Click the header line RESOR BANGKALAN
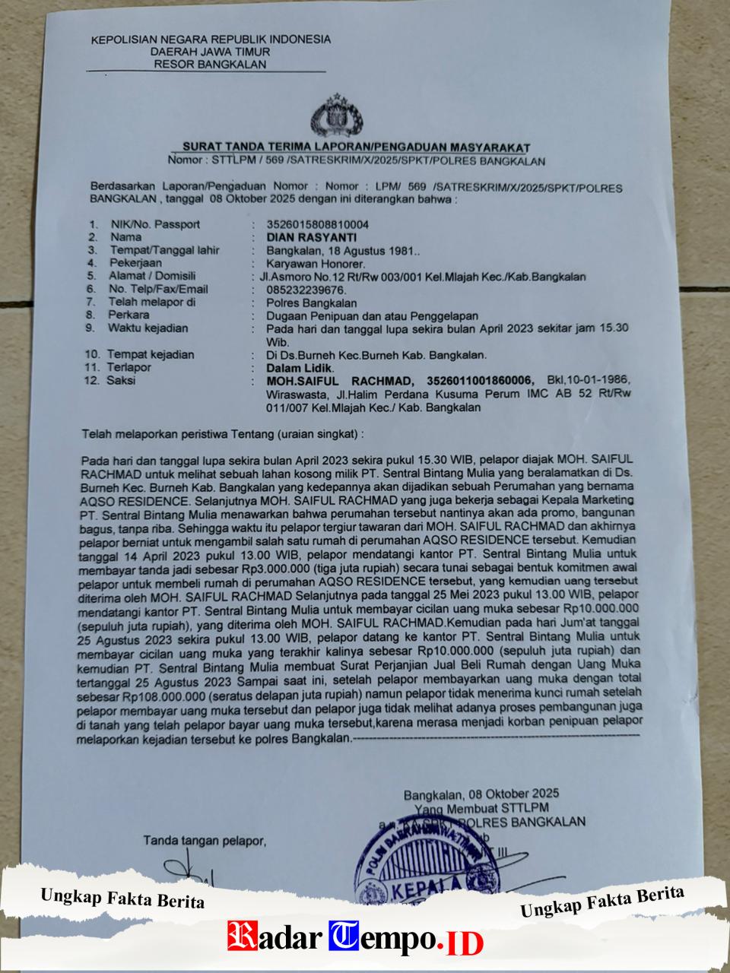tap(210, 65)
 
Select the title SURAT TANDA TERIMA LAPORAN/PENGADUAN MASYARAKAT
tap(356, 147)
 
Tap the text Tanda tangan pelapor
tap(205, 841)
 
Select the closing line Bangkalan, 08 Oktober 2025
tap(481, 794)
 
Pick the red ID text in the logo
tap(463, 943)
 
